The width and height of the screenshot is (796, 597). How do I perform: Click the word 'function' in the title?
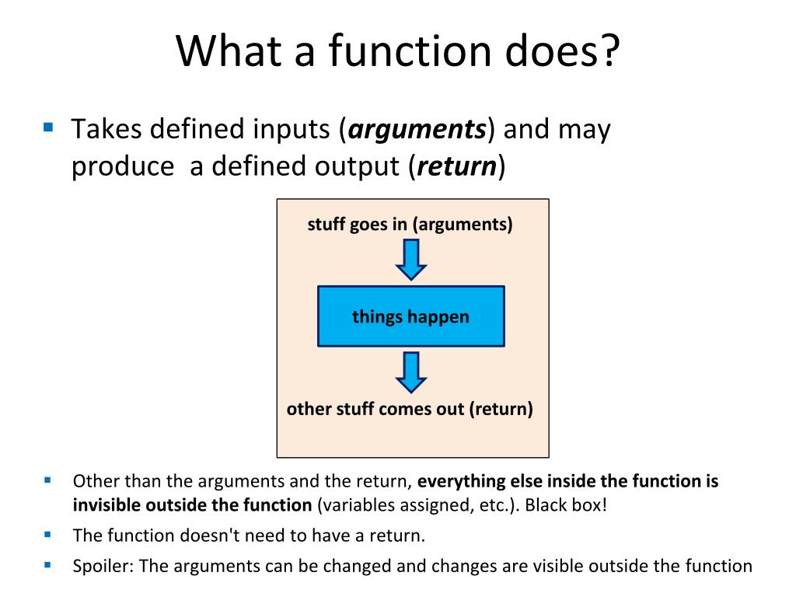click(x=410, y=51)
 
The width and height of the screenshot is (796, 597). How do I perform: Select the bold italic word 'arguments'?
click(x=417, y=130)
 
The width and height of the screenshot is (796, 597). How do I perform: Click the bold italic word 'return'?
click(x=457, y=166)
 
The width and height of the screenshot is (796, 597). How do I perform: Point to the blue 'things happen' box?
click(x=411, y=316)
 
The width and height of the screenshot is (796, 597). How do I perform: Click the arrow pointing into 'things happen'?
click(x=411, y=260)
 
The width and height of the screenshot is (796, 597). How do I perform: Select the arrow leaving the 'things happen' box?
click(x=411, y=372)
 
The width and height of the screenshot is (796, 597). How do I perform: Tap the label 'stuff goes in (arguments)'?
click(x=410, y=225)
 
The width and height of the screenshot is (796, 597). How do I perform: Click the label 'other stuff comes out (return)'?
click(x=410, y=409)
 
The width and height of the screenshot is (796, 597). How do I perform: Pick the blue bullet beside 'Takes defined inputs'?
click(x=48, y=127)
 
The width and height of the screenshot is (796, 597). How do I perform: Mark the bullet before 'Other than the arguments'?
click(x=47, y=480)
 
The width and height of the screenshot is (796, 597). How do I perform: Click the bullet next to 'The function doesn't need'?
click(x=47, y=534)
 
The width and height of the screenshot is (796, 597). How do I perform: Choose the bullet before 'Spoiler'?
click(x=47, y=564)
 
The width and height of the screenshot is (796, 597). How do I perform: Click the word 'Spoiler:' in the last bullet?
click(x=103, y=566)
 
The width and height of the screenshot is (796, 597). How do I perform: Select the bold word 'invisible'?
click(x=106, y=505)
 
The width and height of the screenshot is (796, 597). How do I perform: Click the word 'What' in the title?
click(x=229, y=51)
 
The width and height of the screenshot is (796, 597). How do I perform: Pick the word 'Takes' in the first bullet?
click(x=106, y=128)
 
